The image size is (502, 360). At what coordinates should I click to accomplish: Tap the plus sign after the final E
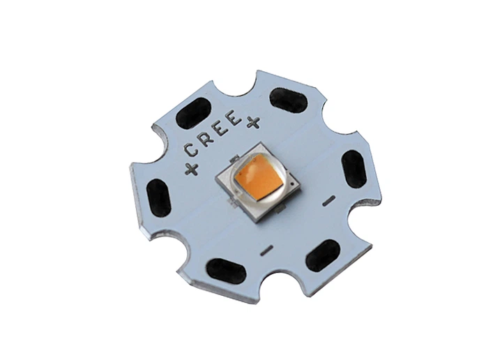pyautogui.click(x=252, y=122)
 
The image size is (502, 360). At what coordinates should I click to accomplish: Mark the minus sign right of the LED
pyautogui.click(x=330, y=200)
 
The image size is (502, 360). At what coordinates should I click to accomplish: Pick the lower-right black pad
pyautogui.click(x=322, y=255)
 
